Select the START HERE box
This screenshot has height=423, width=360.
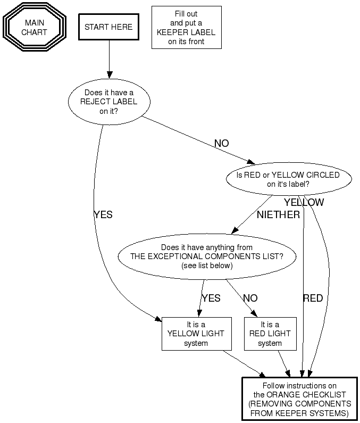(x=108, y=27)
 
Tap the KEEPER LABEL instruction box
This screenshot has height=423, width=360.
(x=186, y=28)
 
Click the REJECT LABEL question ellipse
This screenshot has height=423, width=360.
(x=109, y=102)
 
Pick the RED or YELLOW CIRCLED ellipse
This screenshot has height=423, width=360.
(x=288, y=180)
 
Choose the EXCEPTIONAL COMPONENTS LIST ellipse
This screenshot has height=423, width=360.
(x=207, y=256)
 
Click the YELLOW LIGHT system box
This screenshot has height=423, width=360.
(x=196, y=334)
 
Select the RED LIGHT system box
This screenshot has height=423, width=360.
(x=270, y=334)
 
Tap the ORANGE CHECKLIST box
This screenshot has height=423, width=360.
(x=299, y=399)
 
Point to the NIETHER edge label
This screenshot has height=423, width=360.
(x=278, y=215)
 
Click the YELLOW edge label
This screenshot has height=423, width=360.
(x=304, y=203)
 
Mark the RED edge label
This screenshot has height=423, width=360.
(x=313, y=298)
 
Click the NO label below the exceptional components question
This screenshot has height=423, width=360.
(x=250, y=298)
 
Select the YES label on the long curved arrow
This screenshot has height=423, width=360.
(x=103, y=215)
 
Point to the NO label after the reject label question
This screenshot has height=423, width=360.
(x=221, y=144)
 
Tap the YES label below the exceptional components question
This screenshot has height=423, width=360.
(x=211, y=298)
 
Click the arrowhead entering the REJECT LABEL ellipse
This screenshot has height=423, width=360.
(x=109, y=74)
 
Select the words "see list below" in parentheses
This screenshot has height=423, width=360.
(x=207, y=266)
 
